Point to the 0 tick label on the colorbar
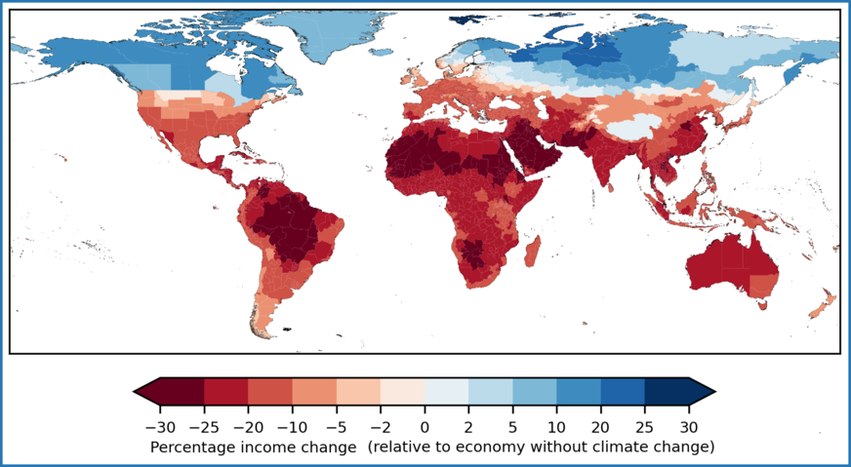(x=425, y=426)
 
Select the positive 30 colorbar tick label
(x=688, y=426)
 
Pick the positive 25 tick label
(x=644, y=426)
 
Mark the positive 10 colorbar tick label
(x=556, y=426)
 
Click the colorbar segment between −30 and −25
(x=182, y=391)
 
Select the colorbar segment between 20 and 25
(x=623, y=391)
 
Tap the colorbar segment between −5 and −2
(x=358, y=391)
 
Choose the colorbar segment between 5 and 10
(x=535, y=391)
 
